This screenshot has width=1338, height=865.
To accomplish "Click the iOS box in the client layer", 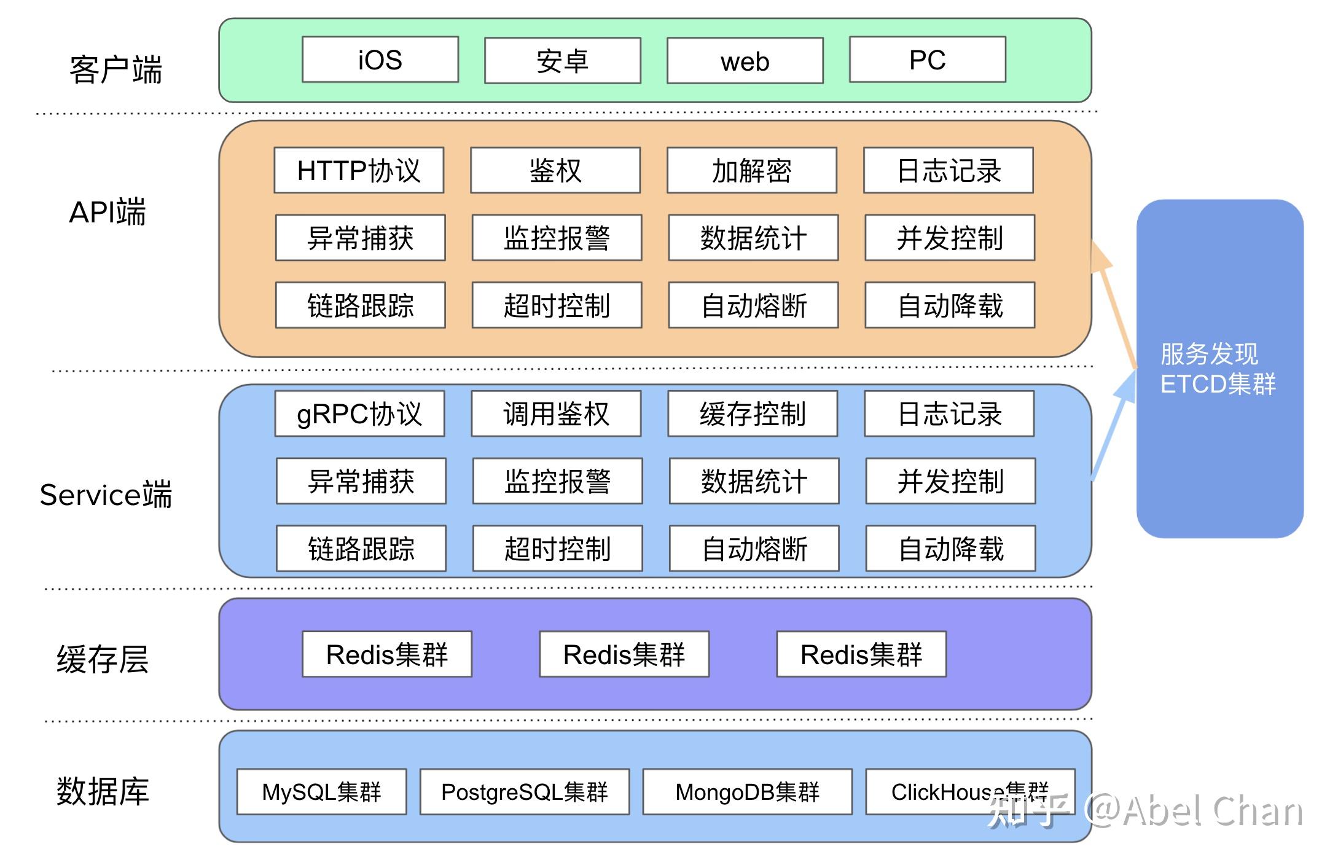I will pos(380,60).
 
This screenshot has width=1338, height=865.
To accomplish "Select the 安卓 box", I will pos(562,61).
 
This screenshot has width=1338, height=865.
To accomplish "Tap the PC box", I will pos(927,60).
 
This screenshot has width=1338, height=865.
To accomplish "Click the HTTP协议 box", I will pos(359,170).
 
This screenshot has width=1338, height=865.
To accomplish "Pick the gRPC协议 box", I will pos(359,413).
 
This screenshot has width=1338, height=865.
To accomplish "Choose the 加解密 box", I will pos(751,170).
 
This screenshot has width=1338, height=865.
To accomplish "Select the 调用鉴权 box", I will pos(556,413).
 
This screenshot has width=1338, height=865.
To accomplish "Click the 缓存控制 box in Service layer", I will pos(753,413).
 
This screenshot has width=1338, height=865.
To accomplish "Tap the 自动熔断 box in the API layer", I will pos(753,305).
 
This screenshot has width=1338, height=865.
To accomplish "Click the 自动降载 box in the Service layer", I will pos(950,548).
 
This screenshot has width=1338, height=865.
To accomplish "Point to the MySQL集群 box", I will pos(321,791).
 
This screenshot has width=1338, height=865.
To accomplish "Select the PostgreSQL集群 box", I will pos(524,791).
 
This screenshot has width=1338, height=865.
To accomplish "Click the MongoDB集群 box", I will pos(747,791).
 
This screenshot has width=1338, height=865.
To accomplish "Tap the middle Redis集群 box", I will pos(624,654).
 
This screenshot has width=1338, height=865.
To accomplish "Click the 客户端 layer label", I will pos(115,69).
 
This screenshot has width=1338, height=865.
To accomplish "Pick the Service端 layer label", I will pos(106,495).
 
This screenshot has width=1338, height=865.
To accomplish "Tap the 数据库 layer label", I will pos(103,791).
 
